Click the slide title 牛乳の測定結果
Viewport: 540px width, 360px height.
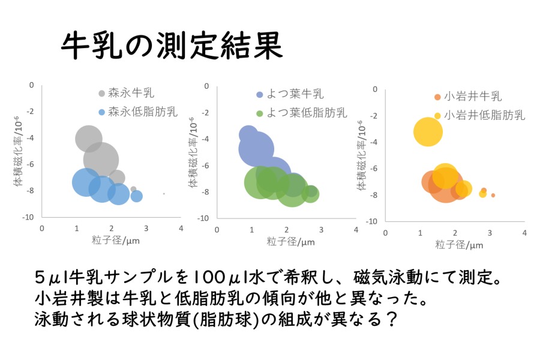(172, 46)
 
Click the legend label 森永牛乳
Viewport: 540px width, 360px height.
(131, 92)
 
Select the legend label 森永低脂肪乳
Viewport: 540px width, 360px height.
(143, 112)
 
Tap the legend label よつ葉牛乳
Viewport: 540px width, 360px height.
(295, 94)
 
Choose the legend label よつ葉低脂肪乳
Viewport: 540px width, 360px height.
(307, 113)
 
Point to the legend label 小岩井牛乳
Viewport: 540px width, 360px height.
(473, 96)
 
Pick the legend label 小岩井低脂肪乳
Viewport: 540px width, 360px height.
(485, 115)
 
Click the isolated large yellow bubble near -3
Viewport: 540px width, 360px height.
(428, 131)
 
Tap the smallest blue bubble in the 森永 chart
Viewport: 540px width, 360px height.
(137, 196)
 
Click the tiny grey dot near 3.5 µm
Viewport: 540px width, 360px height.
(164, 194)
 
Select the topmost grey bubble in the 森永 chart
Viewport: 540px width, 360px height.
(89, 139)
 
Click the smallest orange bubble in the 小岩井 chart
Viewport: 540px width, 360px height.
(493, 196)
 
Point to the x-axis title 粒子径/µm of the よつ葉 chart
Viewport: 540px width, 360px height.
(290, 241)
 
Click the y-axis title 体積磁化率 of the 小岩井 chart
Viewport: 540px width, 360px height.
(361, 156)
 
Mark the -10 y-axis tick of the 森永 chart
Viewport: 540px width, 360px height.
(28, 217)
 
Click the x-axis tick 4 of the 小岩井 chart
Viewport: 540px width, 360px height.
(524, 233)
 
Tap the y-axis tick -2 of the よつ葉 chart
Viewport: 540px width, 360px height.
(205, 113)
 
